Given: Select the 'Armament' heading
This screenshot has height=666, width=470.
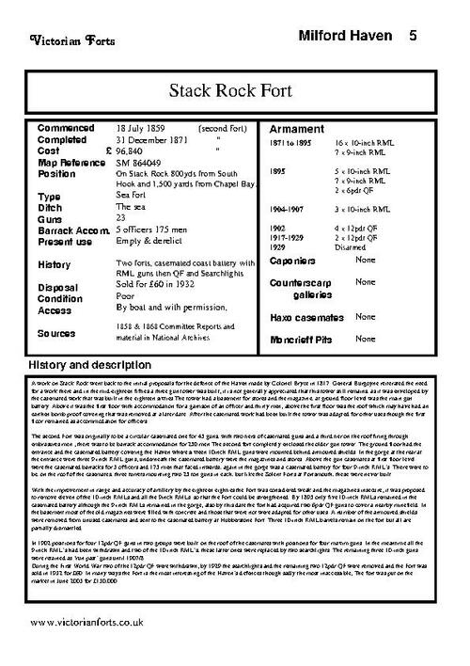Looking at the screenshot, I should [297, 129].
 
